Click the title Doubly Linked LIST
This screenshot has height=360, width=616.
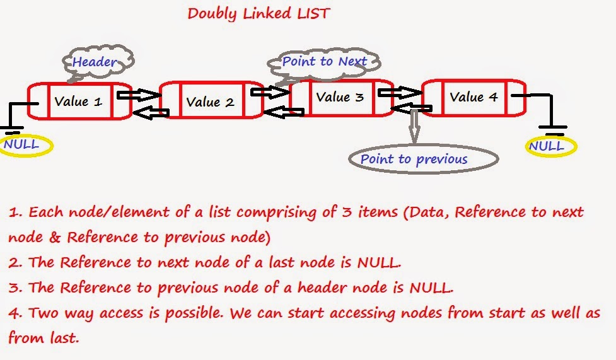point(259,13)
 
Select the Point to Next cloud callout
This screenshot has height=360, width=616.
point(324,62)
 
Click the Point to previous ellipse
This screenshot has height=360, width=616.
point(414,159)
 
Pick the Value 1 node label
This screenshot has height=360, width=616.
point(78,101)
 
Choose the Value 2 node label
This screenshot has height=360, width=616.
point(210,102)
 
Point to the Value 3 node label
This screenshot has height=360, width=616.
point(340,97)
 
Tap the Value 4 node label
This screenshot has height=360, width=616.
point(474,97)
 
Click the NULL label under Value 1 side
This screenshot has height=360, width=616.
point(21,144)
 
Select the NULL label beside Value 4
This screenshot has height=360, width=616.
point(546,146)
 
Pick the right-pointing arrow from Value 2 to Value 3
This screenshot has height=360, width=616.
point(269,92)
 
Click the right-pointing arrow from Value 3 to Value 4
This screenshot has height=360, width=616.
point(397,93)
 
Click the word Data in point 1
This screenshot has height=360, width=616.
point(426,212)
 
